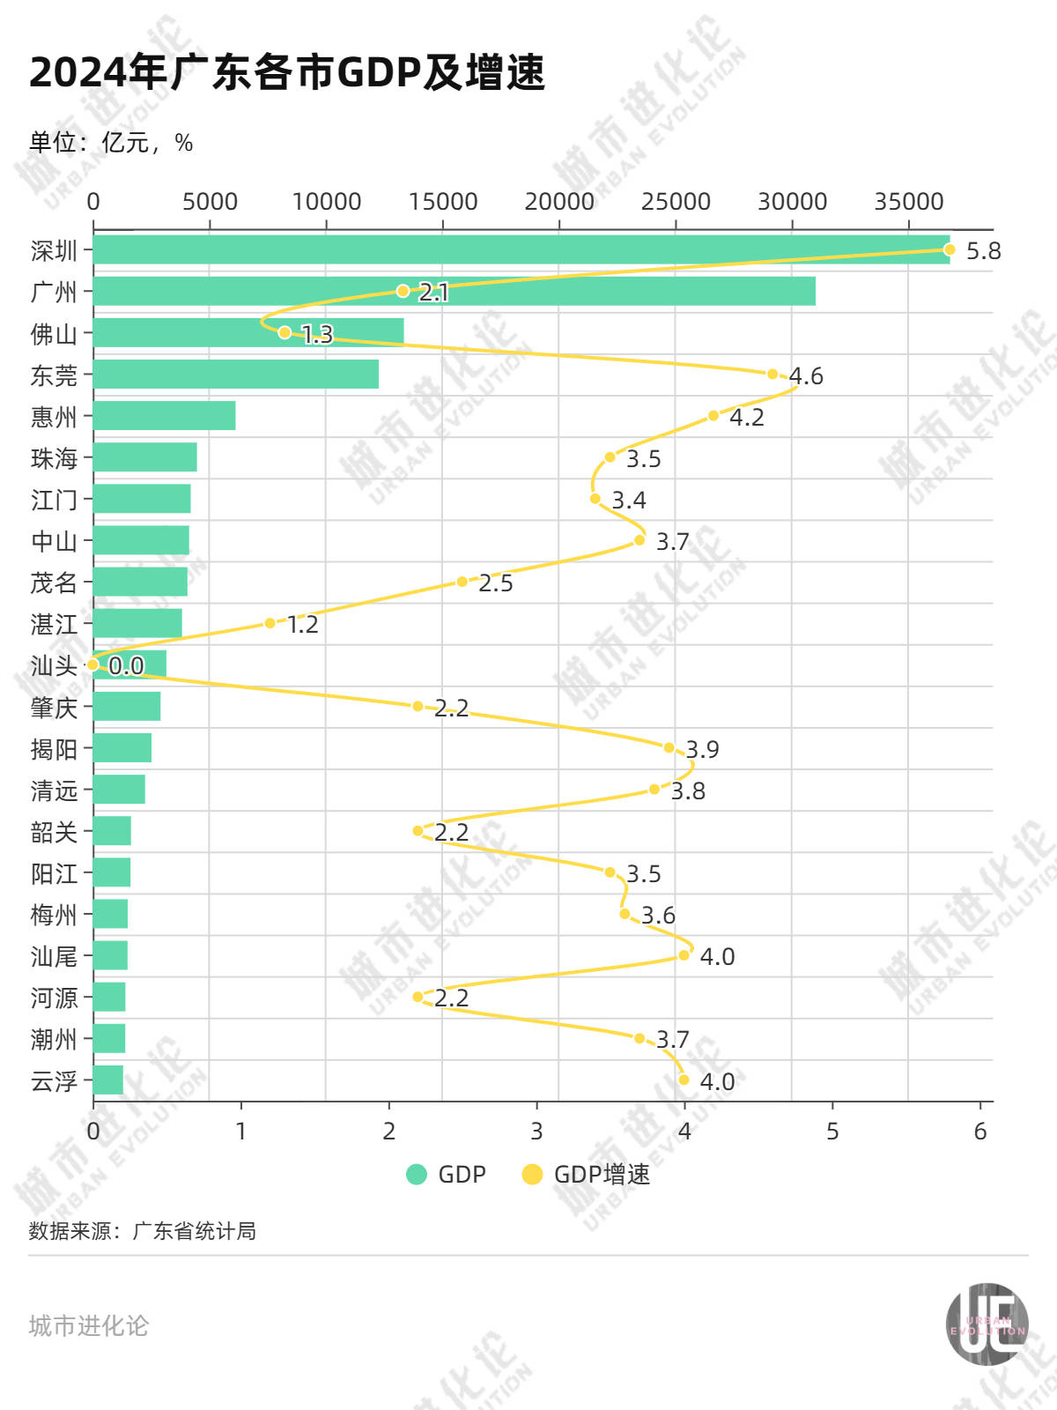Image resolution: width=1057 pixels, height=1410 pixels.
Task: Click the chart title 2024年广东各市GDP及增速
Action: [x=287, y=72]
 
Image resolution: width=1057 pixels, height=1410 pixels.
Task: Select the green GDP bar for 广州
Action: [x=454, y=291]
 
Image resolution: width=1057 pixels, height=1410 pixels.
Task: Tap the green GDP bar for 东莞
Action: [x=235, y=374]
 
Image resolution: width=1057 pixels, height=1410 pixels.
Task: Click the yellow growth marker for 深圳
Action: [x=949, y=249]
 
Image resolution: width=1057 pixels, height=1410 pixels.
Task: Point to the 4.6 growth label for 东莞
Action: [x=805, y=376]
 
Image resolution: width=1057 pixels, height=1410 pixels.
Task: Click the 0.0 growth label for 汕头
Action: [x=126, y=666]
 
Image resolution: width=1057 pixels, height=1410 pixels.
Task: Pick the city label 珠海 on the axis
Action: [x=54, y=458]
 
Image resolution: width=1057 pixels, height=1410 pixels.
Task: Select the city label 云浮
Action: [x=54, y=1081]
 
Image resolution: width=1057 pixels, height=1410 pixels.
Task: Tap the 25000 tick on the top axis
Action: [x=675, y=202]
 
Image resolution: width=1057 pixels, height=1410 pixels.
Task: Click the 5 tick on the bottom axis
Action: [x=832, y=1132]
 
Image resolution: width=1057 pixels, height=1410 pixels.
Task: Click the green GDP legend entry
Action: [x=447, y=1175]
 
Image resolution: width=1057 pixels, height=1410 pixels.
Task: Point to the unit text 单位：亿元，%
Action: [x=111, y=143]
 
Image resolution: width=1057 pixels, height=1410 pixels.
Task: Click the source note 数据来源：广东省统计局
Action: [x=142, y=1231]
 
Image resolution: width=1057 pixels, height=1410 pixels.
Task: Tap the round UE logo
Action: [x=987, y=1325]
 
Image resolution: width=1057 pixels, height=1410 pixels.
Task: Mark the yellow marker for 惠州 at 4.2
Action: [x=713, y=415]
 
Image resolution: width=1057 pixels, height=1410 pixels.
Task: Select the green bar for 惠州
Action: [x=164, y=415]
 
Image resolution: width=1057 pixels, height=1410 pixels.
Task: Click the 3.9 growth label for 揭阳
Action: [x=702, y=750]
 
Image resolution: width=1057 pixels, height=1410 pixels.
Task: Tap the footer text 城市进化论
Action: [x=88, y=1325]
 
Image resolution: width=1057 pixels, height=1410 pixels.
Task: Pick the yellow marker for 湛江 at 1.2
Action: [x=270, y=623]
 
